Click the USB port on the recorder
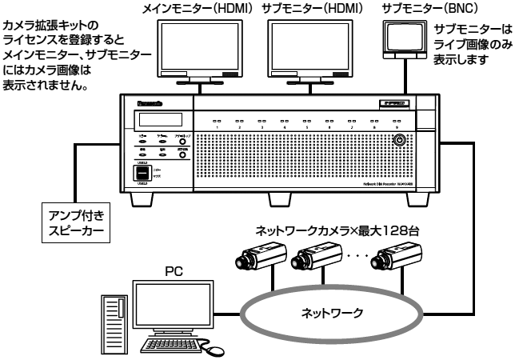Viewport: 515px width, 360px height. pos(141,172)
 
